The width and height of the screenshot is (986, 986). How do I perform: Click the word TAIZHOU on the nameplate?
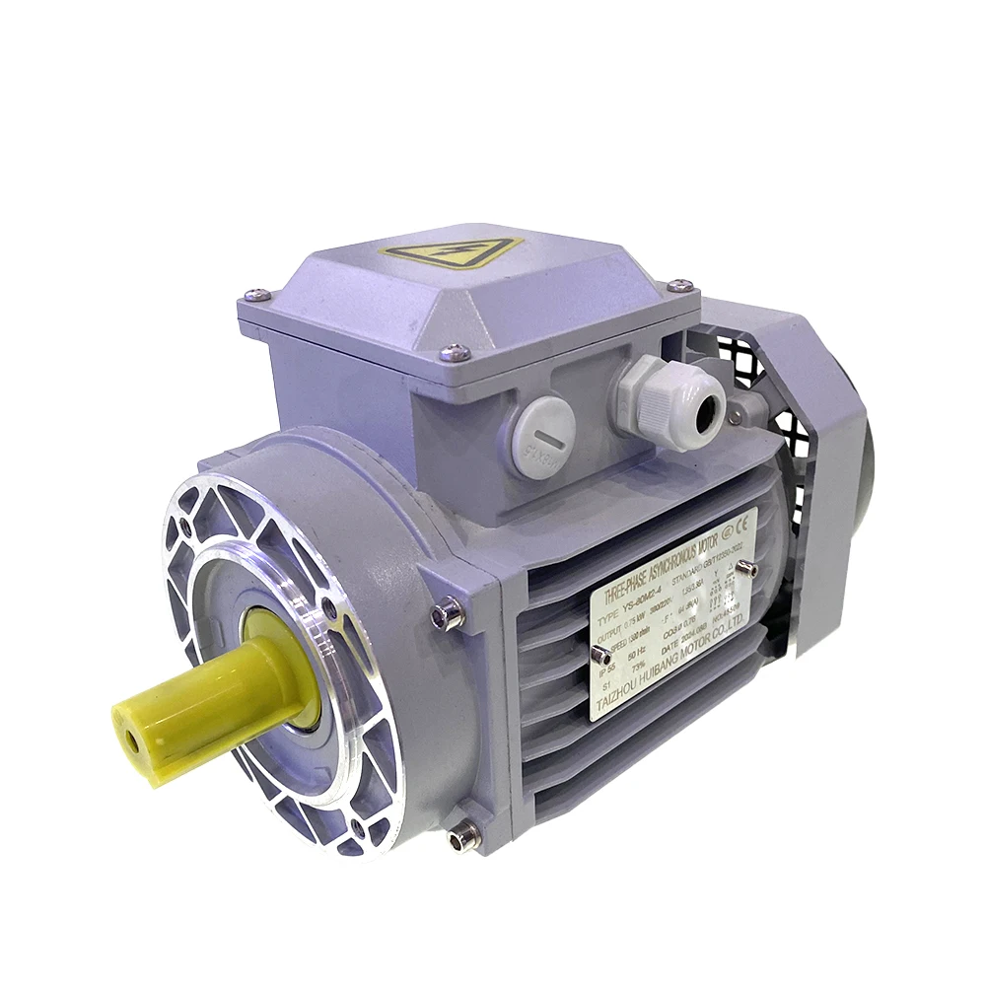[615, 695]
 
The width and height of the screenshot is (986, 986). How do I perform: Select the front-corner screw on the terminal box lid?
[454, 350]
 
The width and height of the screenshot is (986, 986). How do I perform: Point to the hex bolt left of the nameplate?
[448, 615]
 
